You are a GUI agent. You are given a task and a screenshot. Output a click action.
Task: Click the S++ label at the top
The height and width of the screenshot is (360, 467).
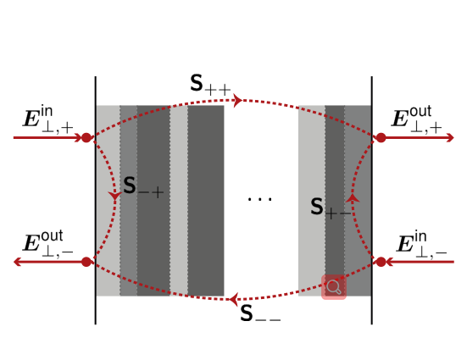(210, 85)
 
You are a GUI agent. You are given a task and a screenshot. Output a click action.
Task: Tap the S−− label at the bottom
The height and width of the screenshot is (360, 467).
(260, 313)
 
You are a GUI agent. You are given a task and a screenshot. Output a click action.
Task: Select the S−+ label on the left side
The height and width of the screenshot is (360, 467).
(143, 187)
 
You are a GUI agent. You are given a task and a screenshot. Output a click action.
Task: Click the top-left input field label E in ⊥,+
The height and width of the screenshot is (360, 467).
(48, 119)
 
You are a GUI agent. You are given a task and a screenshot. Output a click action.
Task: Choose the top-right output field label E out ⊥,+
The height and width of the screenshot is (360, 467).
(416, 119)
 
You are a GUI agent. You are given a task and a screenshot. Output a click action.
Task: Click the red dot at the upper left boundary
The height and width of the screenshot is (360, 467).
(86, 137)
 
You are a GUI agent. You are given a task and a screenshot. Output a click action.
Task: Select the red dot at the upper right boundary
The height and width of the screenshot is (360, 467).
(381, 137)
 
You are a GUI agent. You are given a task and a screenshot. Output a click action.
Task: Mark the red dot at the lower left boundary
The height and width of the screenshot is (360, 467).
(86, 262)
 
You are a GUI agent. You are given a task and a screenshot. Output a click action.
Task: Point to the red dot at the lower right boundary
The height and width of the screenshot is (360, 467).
(381, 262)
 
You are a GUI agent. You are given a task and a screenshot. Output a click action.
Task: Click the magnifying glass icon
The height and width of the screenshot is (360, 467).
(334, 287)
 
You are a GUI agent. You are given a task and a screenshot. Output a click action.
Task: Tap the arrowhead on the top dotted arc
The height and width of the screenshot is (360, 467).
(238, 100)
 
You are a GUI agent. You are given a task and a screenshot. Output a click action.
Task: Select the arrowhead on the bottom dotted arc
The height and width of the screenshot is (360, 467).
(233, 299)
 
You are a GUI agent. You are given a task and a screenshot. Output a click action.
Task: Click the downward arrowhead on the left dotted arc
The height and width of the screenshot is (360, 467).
(114, 196)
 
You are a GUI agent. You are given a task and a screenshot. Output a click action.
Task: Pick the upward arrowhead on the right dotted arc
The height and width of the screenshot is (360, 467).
(353, 198)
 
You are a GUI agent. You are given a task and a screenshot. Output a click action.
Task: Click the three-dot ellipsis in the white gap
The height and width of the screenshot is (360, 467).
(260, 199)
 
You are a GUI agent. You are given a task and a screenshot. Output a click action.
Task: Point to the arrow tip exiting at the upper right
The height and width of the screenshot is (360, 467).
(453, 137)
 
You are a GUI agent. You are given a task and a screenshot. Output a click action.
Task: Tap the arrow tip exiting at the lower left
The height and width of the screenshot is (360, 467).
(14, 262)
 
